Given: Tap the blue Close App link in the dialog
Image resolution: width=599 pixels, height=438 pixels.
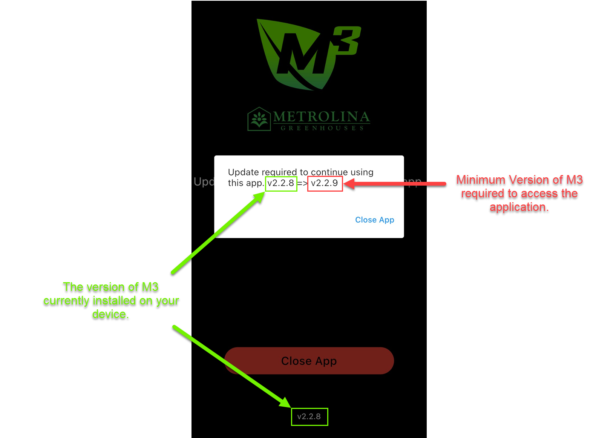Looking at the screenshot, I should coord(374,220).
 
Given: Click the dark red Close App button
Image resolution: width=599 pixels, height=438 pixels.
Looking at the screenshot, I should coord(309,361).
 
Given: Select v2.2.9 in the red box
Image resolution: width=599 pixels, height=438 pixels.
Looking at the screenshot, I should coord(325,183).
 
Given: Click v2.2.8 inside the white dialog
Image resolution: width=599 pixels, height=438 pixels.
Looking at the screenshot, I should coord(281,183).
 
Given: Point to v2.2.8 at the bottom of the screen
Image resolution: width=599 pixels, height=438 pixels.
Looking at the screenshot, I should coord(309,416).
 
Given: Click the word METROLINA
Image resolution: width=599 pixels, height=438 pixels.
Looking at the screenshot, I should coord(321,117).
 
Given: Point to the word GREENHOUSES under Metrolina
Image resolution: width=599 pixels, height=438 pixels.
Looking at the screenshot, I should coord(322,128).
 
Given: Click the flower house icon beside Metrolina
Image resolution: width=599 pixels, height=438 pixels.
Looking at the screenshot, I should coord(259,119).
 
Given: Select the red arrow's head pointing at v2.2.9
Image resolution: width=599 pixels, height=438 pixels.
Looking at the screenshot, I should coord(349,184).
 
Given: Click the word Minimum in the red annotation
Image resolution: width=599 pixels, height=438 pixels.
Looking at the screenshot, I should coord(480,180).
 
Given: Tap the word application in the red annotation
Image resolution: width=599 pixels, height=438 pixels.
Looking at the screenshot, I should coord(519,207).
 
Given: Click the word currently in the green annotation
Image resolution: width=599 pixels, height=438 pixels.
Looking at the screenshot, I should coord(66,301).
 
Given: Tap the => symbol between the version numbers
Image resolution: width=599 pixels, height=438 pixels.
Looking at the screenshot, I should coord(302,184).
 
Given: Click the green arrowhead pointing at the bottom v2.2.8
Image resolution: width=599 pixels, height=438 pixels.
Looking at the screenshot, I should coord(285,403).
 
